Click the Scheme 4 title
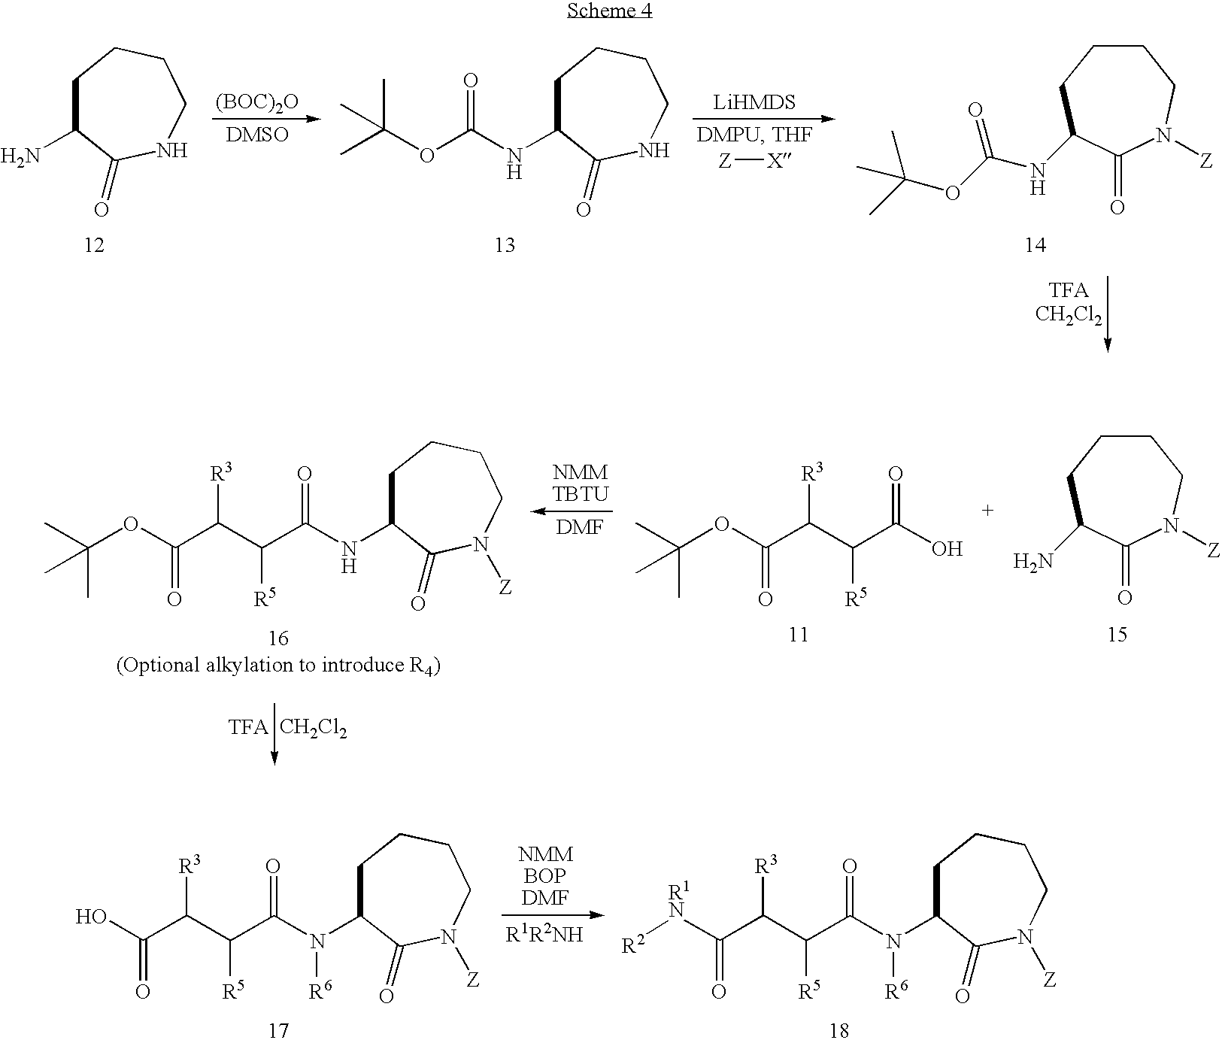609,11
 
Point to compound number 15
1117,635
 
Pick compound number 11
798,635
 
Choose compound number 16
278,638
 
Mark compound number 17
278,1030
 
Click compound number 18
839,1030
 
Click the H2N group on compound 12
20,157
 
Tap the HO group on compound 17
91,917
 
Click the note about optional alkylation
277,666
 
